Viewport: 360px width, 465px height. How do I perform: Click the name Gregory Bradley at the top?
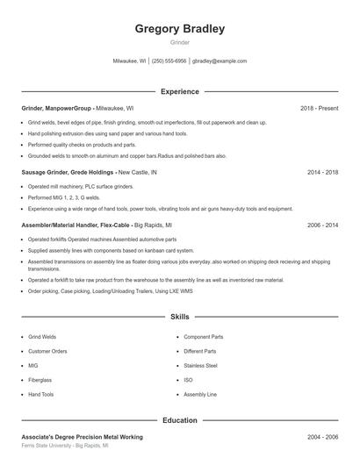(x=179, y=29)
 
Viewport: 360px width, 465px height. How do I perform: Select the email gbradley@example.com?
(x=220, y=61)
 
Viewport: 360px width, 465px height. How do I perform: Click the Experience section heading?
(x=179, y=91)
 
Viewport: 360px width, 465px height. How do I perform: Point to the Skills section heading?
(x=179, y=316)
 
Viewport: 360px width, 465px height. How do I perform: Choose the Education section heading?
(x=179, y=420)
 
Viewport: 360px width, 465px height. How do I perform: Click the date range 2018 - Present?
(x=319, y=108)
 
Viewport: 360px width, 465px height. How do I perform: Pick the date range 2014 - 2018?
(x=322, y=173)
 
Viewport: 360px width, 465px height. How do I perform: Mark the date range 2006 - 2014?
(x=322, y=225)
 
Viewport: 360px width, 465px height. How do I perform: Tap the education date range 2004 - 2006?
(x=322, y=436)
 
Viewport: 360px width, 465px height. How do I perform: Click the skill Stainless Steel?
(x=200, y=365)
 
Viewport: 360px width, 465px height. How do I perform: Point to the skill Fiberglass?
(x=40, y=380)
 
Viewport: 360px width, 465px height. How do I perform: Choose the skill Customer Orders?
(x=47, y=351)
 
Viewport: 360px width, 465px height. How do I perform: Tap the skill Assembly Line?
(x=200, y=395)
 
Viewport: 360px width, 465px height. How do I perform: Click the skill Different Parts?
(x=201, y=351)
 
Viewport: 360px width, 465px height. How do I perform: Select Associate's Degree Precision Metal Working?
(x=82, y=436)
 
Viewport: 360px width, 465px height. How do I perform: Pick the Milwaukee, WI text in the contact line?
(x=130, y=61)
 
